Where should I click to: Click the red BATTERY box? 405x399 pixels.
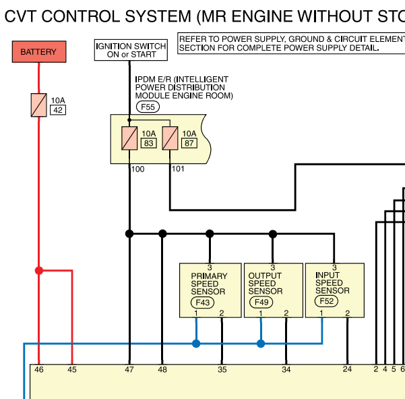[x=39, y=52]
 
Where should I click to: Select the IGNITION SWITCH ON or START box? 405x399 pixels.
[x=131, y=50]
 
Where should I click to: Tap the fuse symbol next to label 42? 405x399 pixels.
[x=38, y=105]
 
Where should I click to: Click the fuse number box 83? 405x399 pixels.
[x=148, y=143]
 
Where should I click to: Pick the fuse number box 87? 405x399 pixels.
[x=189, y=143]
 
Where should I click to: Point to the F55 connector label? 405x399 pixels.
[x=148, y=107]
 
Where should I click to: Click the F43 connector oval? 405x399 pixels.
[x=202, y=302]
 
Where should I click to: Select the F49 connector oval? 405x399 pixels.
[x=261, y=302]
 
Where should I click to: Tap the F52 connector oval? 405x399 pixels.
[x=326, y=301]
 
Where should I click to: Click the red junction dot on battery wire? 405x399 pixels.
[x=39, y=271]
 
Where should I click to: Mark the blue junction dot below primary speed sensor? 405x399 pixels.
[x=196, y=344]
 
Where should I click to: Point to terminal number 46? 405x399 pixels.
[x=39, y=369]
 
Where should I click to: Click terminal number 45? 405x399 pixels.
[x=72, y=369]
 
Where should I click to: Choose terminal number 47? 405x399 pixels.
[x=129, y=369]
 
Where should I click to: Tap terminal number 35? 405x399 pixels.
[x=222, y=369]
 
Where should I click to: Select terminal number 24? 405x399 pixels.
[x=347, y=369]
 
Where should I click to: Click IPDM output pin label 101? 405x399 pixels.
[x=178, y=169]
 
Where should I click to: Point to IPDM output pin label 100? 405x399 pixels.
[x=137, y=169]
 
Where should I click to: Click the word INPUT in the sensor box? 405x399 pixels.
[x=328, y=275]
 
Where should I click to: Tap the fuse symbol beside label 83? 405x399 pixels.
[x=129, y=138]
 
